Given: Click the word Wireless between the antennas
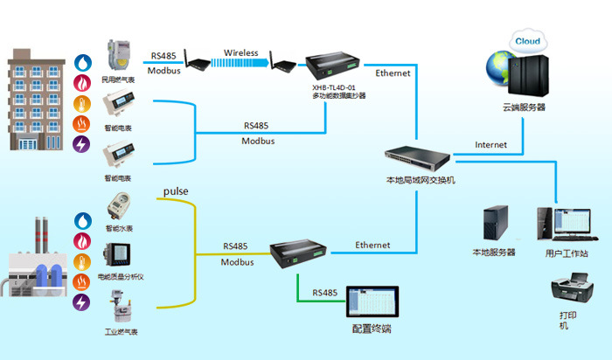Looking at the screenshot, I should (x=240, y=53).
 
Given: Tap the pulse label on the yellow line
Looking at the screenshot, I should (x=176, y=190).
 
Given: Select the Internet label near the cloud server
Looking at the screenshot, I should (x=490, y=144).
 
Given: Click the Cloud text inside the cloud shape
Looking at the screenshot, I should (x=526, y=41).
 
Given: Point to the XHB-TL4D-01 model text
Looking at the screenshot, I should (x=333, y=87).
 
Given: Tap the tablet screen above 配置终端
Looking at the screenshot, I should (x=371, y=302).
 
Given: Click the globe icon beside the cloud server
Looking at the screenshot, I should (x=494, y=71).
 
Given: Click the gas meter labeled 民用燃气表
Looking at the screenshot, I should (x=116, y=56).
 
